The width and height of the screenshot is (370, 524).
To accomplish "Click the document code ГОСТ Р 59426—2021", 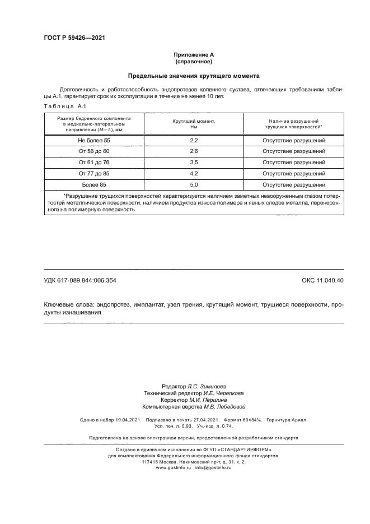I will [74, 38].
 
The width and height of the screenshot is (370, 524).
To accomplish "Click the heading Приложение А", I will [194, 54].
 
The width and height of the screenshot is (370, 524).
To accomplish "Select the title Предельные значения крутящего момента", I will [194, 75].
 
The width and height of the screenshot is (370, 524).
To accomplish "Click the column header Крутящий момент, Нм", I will [194, 124].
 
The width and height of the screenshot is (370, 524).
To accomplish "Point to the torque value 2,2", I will [194, 141].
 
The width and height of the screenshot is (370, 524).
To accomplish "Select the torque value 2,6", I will [194, 152].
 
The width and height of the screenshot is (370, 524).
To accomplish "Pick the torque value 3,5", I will [194, 163].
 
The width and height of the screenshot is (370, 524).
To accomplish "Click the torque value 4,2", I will [194, 173].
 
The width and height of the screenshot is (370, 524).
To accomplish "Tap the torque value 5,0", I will [194, 184].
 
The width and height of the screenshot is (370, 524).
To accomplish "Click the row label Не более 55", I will [94, 141].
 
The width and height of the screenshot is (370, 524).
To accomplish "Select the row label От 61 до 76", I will [94, 163].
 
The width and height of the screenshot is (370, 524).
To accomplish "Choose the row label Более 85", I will [94, 184].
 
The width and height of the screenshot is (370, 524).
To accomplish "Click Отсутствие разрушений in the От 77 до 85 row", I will [294, 173].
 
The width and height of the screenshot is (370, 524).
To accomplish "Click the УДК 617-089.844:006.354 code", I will [79, 280].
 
